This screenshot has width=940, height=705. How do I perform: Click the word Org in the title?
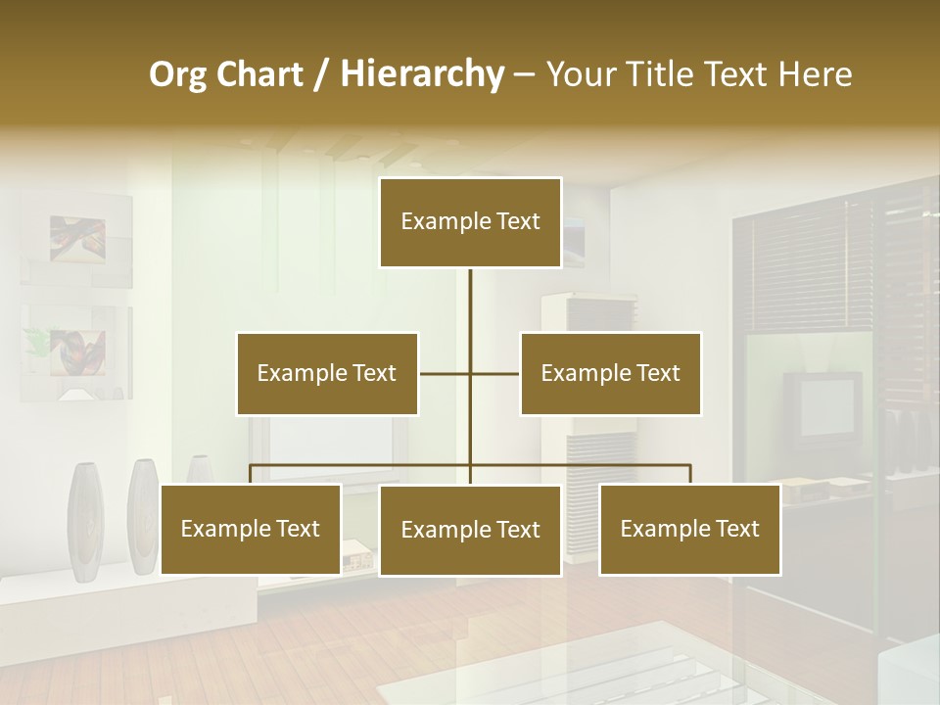coord(179,75)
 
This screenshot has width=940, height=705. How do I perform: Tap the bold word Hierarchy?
coord(421,75)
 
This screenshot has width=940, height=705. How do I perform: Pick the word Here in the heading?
coord(815,75)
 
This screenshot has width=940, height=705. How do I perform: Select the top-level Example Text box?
coord(470,222)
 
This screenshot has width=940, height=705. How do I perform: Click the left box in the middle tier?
coord(327,373)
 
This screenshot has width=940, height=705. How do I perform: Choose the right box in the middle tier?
coord(610,373)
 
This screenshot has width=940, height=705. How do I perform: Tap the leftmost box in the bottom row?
coord(251,530)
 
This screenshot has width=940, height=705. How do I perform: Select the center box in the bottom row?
coord(470,531)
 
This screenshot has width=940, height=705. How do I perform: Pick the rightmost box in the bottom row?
coord(689,530)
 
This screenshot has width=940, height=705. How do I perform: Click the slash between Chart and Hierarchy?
coord(321,75)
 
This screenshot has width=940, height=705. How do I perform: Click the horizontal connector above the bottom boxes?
coord(362,466)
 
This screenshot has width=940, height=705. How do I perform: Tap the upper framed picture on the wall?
coord(77,240)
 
